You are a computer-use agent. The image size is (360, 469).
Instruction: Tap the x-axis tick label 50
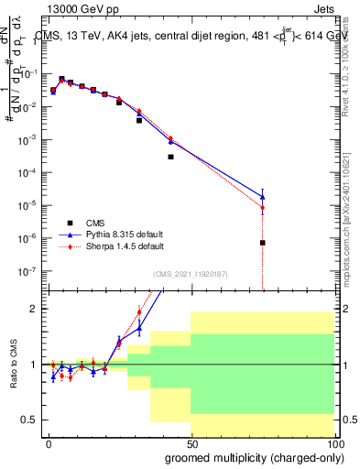191,443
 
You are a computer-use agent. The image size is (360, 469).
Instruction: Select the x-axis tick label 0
49,443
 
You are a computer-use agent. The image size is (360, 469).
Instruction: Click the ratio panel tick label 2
36,309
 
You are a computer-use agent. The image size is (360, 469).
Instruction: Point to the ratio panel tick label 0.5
32,420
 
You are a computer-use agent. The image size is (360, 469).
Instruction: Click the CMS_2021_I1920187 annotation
191,273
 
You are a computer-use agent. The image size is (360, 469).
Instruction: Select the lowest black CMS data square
262,243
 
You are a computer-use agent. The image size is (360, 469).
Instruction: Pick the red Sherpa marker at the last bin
262,208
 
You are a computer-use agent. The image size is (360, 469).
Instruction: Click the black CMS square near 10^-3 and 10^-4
170,157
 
